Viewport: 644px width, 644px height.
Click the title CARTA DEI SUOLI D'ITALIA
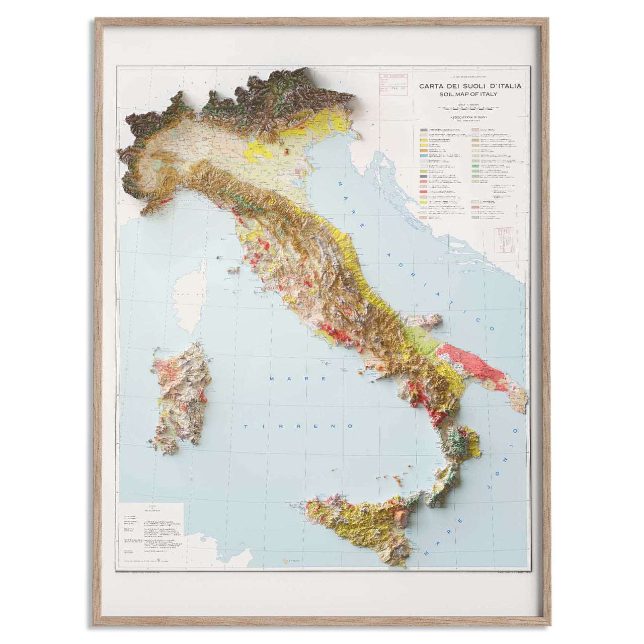pos(470,86)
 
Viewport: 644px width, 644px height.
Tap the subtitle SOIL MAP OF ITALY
pos(468,94)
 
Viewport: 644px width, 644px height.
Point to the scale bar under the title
pos(468,107)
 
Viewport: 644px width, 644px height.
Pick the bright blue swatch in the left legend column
pos(424,156)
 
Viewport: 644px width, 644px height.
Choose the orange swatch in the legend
pos(424,150)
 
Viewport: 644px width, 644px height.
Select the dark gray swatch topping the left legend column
pos(424,130)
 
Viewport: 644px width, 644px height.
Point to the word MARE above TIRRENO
pos(298,378)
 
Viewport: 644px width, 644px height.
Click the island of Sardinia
pos(181,397)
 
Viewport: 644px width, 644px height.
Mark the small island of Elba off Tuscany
pos(233,270)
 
